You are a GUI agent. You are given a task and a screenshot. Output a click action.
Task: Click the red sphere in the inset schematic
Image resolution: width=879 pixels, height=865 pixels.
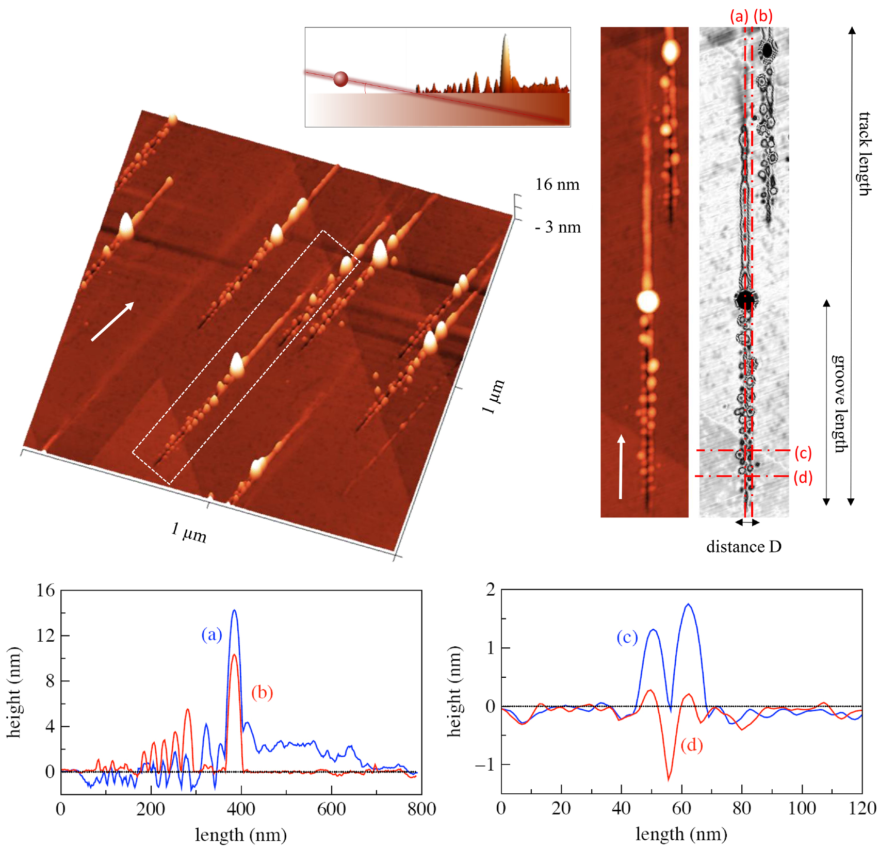[x=340, y=79]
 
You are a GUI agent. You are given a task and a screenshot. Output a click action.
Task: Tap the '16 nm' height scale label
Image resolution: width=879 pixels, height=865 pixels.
[x=557, y=184]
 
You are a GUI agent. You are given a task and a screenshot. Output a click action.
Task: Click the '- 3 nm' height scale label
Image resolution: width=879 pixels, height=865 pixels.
[x=558, y=227]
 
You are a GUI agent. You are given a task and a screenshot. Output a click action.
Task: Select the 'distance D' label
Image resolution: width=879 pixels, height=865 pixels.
[x=743, y=546]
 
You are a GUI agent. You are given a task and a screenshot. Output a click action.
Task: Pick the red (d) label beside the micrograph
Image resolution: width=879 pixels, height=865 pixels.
[x=803, y=478]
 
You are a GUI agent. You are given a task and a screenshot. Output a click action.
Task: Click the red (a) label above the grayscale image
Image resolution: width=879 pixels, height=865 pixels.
[x=739, y=16]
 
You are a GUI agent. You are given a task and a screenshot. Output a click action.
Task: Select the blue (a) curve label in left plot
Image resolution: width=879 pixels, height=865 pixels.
[x=211, y=634]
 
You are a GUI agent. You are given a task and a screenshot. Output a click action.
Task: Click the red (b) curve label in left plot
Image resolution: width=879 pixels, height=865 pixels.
[x=262, y=692]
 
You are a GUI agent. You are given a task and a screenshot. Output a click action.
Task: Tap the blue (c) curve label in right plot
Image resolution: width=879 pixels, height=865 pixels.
[x=627, y=638]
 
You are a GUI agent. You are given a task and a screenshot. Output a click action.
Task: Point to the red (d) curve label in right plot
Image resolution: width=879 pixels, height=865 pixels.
[x=691, y=745]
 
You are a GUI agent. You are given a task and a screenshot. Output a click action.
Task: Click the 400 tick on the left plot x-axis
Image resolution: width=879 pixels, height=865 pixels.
[x=241, y=809]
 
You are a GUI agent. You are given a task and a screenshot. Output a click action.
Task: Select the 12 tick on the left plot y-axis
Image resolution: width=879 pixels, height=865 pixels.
[x=45, y=635]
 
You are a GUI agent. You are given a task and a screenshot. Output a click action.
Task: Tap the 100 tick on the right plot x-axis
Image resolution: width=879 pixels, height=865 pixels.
[x=802, y=808]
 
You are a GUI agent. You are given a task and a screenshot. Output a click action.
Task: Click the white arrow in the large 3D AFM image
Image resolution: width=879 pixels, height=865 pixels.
[x=112, y=321]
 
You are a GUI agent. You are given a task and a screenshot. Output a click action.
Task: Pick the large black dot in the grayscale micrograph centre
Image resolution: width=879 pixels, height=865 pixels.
[x=745, y=299]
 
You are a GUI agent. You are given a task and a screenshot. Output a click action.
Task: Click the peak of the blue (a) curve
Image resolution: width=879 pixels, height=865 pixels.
[x=235, y=611]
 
